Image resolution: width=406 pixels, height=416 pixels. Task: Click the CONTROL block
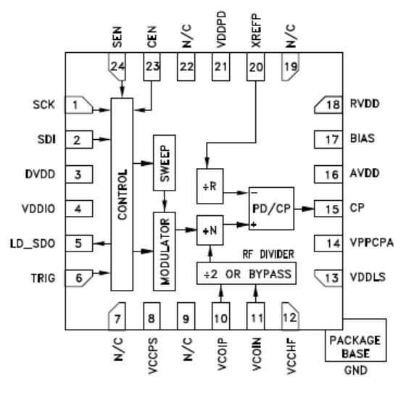[122, 194]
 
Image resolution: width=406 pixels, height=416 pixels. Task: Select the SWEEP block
[165, 163]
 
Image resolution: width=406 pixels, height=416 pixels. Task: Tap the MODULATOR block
[165, 251]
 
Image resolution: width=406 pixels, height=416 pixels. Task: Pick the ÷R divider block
[210, 186]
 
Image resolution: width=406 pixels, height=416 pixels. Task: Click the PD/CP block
[271, 209]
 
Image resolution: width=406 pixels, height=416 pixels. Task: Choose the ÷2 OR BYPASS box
[246, 273]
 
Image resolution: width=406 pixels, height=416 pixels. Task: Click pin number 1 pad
[79, 105]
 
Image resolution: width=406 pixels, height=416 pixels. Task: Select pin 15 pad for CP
[328, 209]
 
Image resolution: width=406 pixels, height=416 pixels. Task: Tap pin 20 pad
[256, 67]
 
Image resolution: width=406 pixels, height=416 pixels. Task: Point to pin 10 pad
[221, 316]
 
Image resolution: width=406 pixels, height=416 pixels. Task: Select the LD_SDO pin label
[33, 244]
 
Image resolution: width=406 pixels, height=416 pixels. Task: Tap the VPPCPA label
[372, 243]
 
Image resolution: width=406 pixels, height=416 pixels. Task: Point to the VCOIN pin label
[257, 354]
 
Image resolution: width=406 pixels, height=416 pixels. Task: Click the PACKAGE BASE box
[356, 340]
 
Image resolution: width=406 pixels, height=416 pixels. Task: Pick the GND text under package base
[356, 370]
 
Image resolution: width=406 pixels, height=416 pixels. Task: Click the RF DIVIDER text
[268, 254]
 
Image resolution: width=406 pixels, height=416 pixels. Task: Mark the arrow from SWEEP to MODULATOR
[165, 201]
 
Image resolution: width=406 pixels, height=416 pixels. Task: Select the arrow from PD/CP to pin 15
[304, 209]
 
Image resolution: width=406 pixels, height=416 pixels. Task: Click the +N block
[210, 230]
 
